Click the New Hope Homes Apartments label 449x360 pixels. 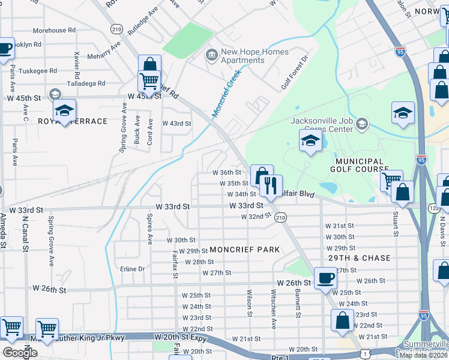pos(250,56)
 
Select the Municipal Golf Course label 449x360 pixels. pos(360,165)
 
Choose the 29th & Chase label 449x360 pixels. pos(360,258)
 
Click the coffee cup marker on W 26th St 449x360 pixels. pos(325,278)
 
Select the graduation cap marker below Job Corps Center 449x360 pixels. pos(310,141)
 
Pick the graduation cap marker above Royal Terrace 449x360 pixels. pos(64,110)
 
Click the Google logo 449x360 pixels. pos(20,353)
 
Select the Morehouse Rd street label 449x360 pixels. pos(54,30)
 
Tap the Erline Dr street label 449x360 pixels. pos(133,269)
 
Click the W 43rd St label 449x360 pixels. pos(176,124)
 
